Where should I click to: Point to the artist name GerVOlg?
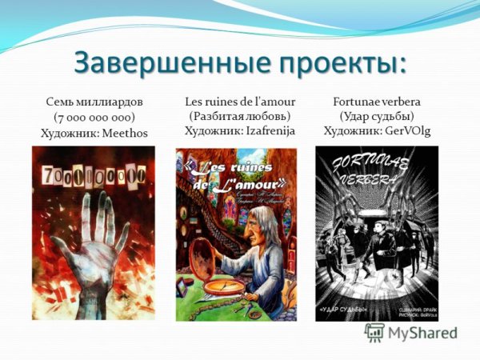point(402,131)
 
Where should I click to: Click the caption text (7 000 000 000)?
point(94,117)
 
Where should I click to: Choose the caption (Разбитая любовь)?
point(239,116)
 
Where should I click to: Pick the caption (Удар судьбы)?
point(376,116)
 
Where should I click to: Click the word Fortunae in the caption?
point(358,102)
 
